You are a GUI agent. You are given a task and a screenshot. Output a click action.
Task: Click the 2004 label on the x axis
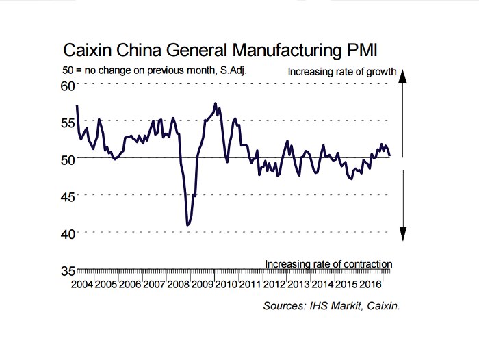coord(82,284)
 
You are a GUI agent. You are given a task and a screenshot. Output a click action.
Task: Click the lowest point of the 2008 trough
coord(187,224)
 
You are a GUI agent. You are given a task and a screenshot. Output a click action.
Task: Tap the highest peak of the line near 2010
coord(216,104)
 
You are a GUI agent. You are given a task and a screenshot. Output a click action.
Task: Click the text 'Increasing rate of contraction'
coord(328,263)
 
